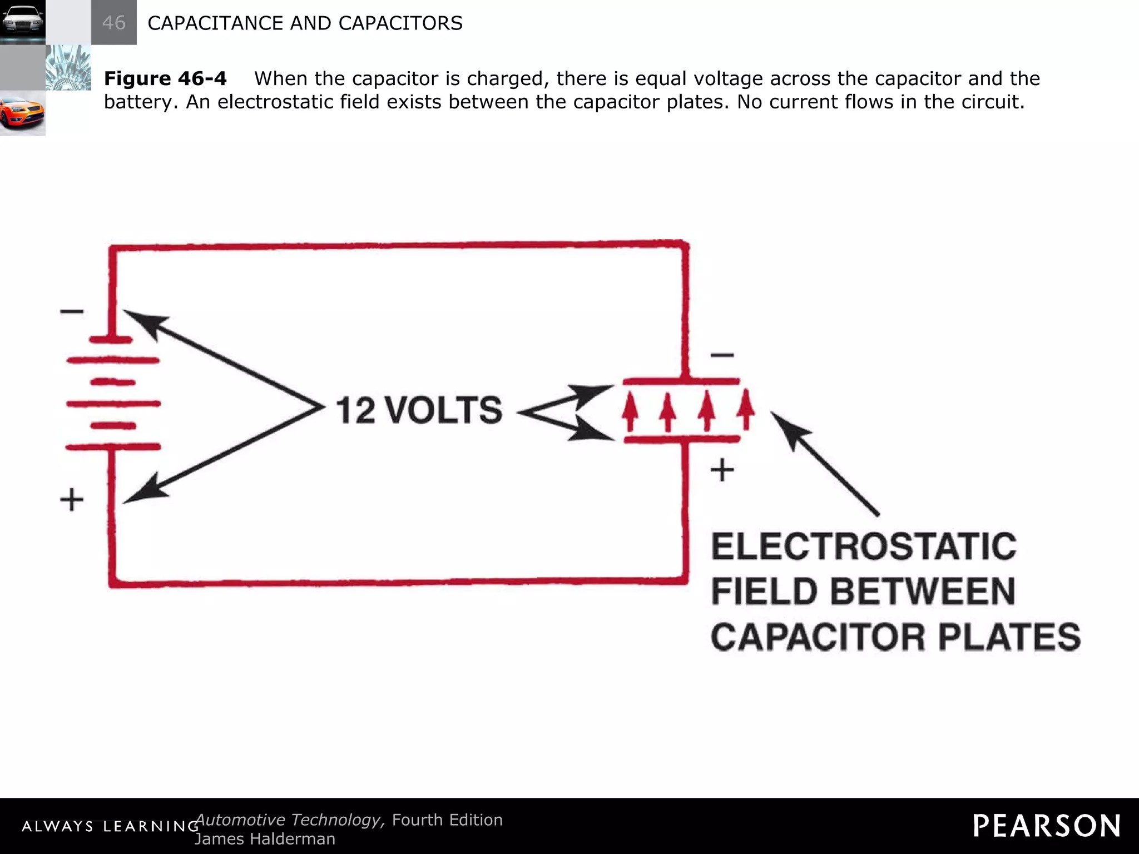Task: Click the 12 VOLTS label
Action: click(419, 410)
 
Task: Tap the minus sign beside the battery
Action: click(72, 311)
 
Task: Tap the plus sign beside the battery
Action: click(72, 499)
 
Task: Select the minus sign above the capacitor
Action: click(722, 355)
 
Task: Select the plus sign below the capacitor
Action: click(722, 470)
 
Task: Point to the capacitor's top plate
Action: click(681, 381)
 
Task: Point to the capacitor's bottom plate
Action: click(682, 439)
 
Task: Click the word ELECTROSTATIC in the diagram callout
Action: click(864, 547)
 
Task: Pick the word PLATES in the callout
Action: click(1009, 637)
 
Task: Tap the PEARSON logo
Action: click(1047, 826)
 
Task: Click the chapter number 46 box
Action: click(113, 23)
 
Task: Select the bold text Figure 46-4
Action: click(165, 78)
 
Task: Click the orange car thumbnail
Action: click(22, 113)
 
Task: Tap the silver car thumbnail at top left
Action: click(22, 22)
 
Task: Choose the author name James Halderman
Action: click(265, 838)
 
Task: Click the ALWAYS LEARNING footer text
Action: click(110, 826)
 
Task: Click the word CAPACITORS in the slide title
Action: click(400, 23)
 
